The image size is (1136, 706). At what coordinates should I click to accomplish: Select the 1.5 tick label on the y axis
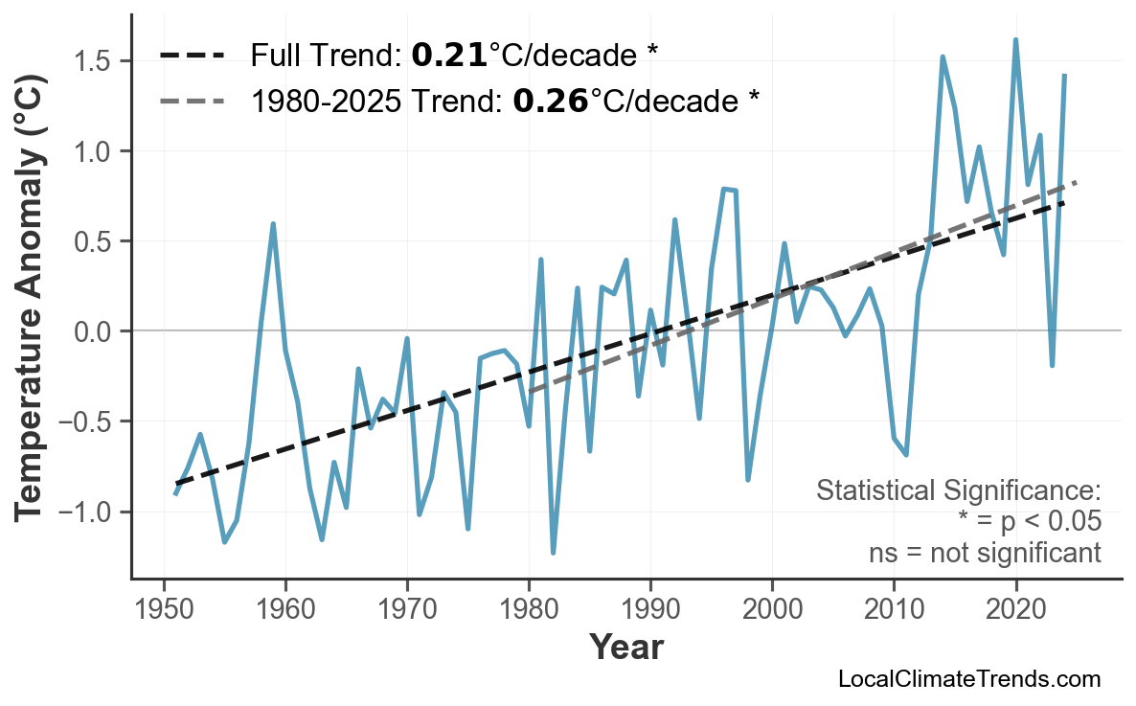[x=96, y=61]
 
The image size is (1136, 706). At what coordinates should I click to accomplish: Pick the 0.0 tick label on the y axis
[x=96, y=331]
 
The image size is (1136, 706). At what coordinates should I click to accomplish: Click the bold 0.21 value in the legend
[x=449, y=55]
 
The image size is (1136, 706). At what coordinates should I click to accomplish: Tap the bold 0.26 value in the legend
[x=551, y=99]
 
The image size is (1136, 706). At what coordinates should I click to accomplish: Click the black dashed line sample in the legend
[x=193, y=55]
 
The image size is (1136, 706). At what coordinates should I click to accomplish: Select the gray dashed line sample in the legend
[x=193, y=99]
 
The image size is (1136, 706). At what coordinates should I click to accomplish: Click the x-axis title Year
[x=625, y=648]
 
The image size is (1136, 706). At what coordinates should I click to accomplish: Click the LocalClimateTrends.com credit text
[x=968, y=679]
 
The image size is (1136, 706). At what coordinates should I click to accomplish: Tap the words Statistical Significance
[x=958, y=491]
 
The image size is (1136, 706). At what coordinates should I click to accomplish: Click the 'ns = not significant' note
[x=985, y=553]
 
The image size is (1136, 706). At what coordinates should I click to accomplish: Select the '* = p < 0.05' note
[x=1029, y=522]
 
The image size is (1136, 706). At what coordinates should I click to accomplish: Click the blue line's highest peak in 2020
[x=1015, y=40]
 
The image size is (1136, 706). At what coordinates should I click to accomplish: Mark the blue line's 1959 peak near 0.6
[x=273, y=224]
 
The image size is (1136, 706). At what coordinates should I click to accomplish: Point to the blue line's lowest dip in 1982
[x=554, y=553]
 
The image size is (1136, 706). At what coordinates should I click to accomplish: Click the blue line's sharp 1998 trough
[x=748, y=479]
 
